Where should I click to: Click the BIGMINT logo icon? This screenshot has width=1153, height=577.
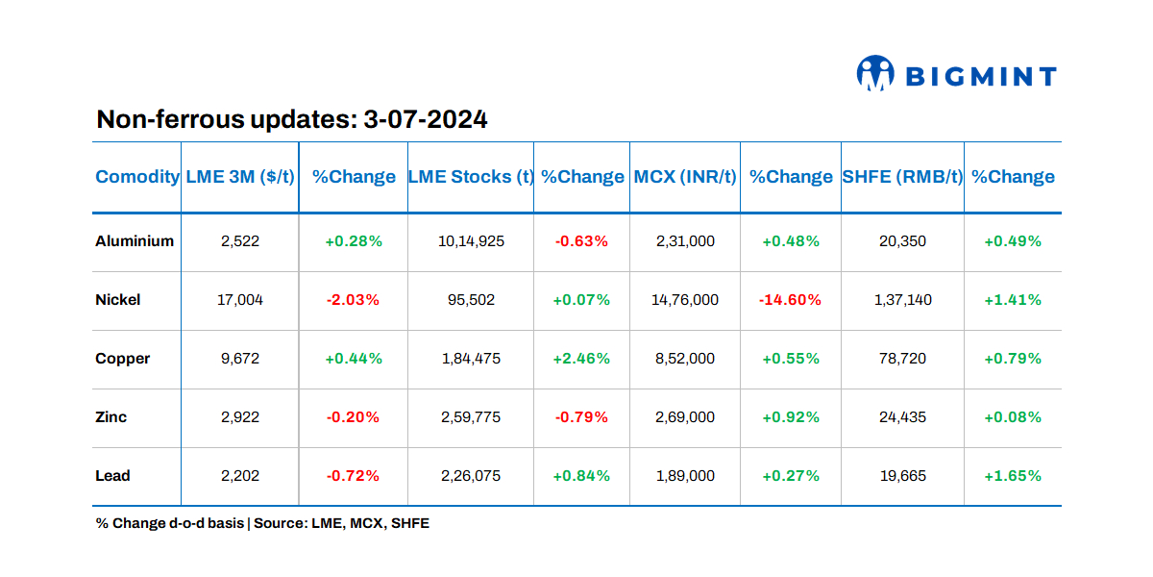point(875,74)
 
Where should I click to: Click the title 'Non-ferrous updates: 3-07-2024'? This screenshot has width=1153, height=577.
point(292,120)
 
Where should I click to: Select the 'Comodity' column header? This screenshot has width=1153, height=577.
point(137,177)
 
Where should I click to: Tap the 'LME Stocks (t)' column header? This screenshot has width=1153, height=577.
point(471,177)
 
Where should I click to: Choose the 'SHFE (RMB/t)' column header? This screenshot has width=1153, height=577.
point(902,177)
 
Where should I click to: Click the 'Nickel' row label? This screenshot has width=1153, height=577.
point(118,300)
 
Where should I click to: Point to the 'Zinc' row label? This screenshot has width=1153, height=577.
point(111,417)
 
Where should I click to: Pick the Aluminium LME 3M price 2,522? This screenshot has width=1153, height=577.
point(240,241)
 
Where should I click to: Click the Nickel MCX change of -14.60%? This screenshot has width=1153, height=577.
point(790,300)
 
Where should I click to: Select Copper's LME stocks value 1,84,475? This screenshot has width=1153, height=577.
point(471,359)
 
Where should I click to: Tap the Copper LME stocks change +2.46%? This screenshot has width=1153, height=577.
point(581,359)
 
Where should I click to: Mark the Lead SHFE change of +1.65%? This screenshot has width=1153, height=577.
point(1013,476)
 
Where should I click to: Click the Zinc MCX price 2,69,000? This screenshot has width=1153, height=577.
point(685,417)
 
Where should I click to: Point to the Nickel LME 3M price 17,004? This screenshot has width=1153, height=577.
point(240,300)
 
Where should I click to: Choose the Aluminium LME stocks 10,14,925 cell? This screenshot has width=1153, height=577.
point(471,241)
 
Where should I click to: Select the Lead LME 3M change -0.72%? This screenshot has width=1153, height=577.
point(353,476)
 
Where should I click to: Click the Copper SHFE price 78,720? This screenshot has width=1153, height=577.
point(902,359)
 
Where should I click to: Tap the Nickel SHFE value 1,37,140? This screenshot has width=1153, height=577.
point(902,300)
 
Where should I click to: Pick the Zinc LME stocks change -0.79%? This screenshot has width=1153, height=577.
point(581,417)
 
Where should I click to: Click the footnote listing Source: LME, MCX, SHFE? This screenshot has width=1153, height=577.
point(262,524)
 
